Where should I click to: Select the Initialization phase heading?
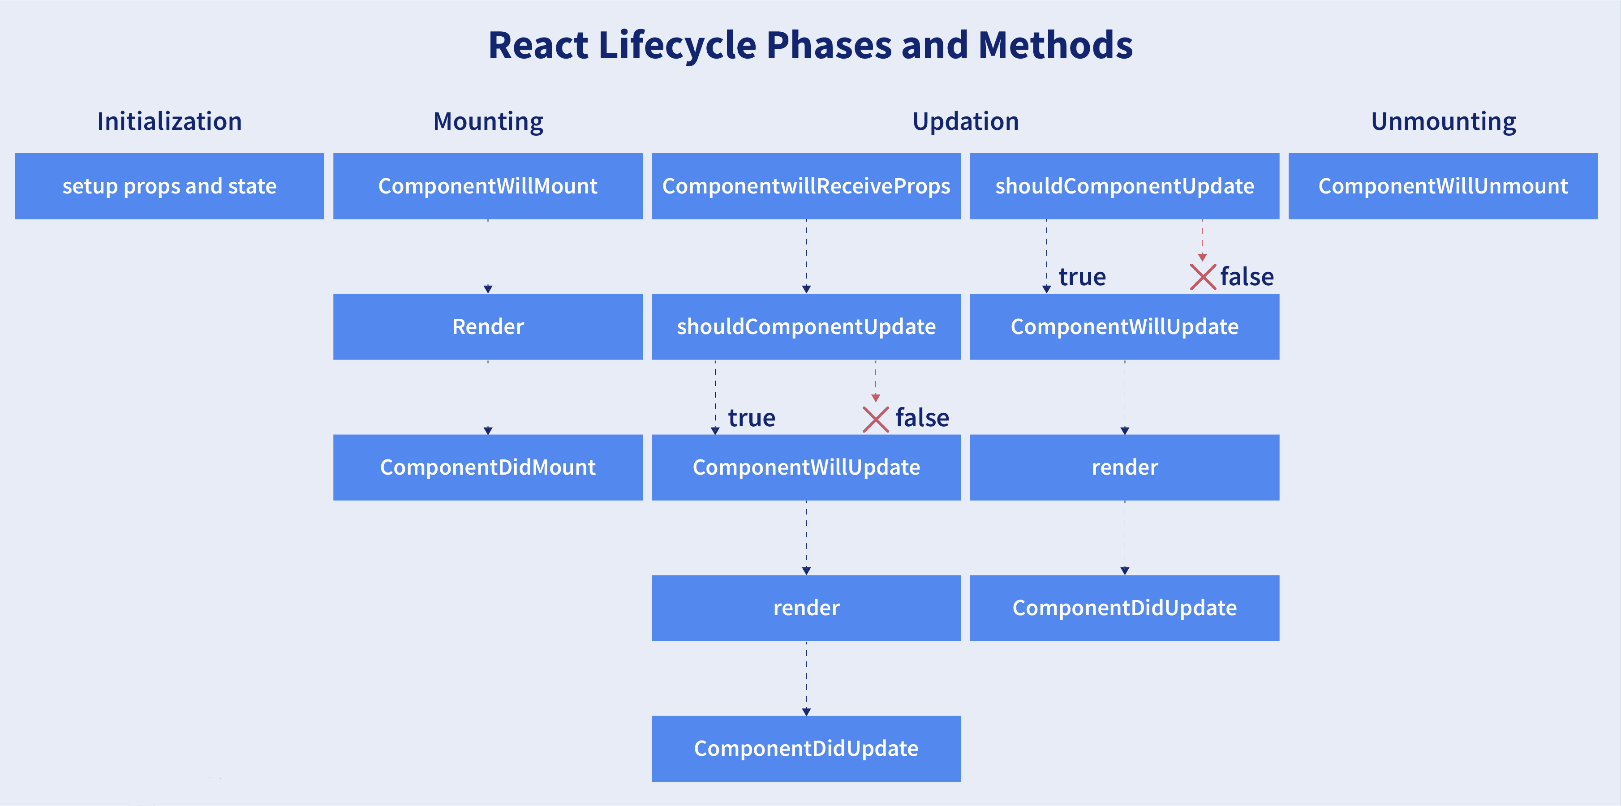tap(169, 121)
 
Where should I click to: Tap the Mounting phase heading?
tap(488, 121)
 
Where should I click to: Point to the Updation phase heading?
tap(965, 121)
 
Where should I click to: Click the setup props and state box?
tap(169, 186)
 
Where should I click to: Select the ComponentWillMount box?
tap(488, 186)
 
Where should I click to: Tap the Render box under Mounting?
tap(488, 326)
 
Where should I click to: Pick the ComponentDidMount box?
tap(488, 467)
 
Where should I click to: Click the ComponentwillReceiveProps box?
tap(806, 186)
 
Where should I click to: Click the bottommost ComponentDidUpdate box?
tap(806, 749)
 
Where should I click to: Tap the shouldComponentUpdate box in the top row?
tap(1125, 186)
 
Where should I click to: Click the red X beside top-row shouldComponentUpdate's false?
tap(1203, 277)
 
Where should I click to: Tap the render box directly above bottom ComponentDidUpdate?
tap(806, 608)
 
